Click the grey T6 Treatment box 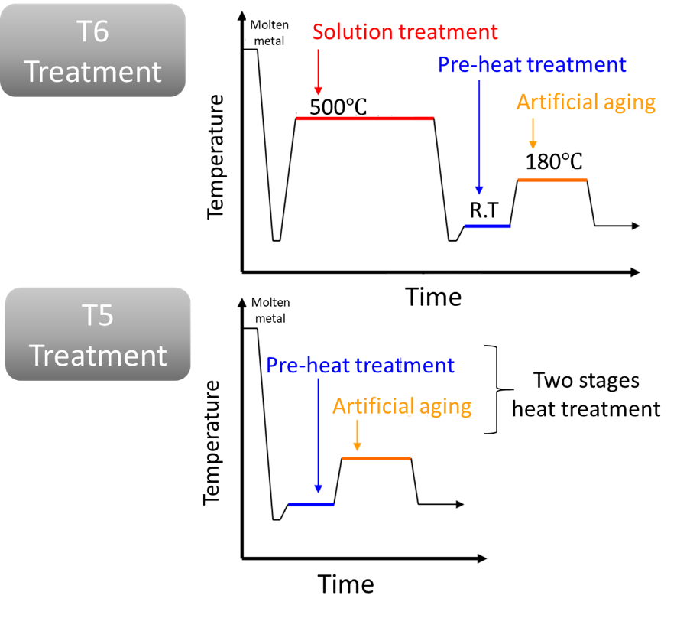point(92,50)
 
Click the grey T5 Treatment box point(98,334)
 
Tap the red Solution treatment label point(405,32)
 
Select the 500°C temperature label point(338,107)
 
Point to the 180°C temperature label point(554,162)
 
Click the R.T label point(482,210)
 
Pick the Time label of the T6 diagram point(433,296)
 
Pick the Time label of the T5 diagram point(346,584)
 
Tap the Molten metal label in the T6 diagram point(270,32)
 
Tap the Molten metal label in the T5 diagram point(271,309)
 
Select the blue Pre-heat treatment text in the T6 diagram point(532,65)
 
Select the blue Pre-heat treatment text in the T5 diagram point(360,366)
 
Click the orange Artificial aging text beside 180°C point(586,102)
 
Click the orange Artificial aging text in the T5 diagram point(401,406)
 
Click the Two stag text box point(573,380)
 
